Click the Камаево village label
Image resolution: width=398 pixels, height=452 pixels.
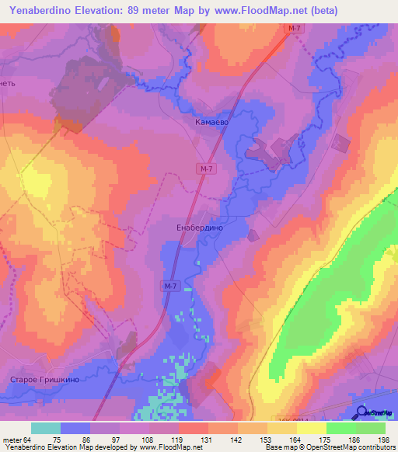[211, 123]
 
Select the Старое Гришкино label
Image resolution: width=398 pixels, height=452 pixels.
[40, 381]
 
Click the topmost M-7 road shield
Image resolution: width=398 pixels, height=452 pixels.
[292, 28]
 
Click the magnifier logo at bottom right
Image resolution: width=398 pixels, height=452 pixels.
[361, 412]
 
